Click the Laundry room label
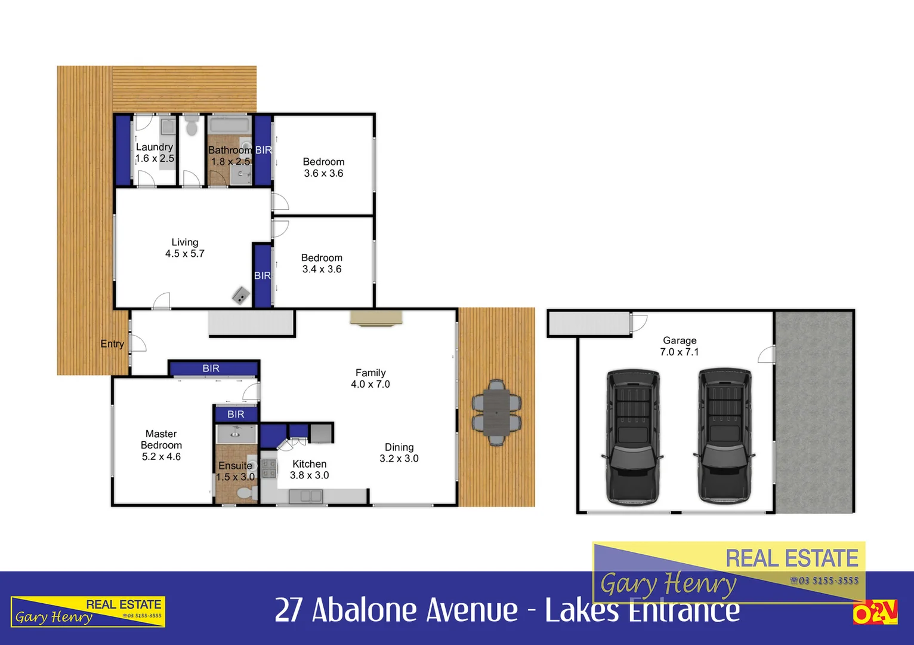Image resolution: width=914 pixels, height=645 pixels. [x=155, y=147]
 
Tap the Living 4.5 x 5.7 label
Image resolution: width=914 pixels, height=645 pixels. [x=185, y=248]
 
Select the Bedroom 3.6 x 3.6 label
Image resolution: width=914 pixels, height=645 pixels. [x=323, y=168]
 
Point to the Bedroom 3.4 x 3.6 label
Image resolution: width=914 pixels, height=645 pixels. [x=322, y=263]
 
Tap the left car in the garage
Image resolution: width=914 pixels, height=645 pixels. [x=633, y=437]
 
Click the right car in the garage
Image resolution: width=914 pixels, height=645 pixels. [x=724, y=437]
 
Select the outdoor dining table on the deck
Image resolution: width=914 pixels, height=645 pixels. [x=496, y=413]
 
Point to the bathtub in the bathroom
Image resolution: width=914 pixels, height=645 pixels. [x=229, y=125]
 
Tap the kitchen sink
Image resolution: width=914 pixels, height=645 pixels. [x=305, y=496]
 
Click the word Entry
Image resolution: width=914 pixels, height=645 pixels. [x=112, y=344]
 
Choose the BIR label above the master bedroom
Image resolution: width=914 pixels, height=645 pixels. [x=211, y=368]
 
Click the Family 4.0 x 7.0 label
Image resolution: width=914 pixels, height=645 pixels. [x=370, y=379]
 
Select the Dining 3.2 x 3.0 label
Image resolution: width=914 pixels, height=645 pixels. [x=399, y=453]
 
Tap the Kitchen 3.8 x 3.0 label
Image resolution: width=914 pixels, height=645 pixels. [x=309, y=469]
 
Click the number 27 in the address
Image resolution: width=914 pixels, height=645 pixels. [x=288, y=610]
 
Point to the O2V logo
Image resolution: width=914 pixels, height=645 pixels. [x=875, y=613]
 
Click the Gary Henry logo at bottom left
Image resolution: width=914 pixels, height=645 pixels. [x=88, y=612]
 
